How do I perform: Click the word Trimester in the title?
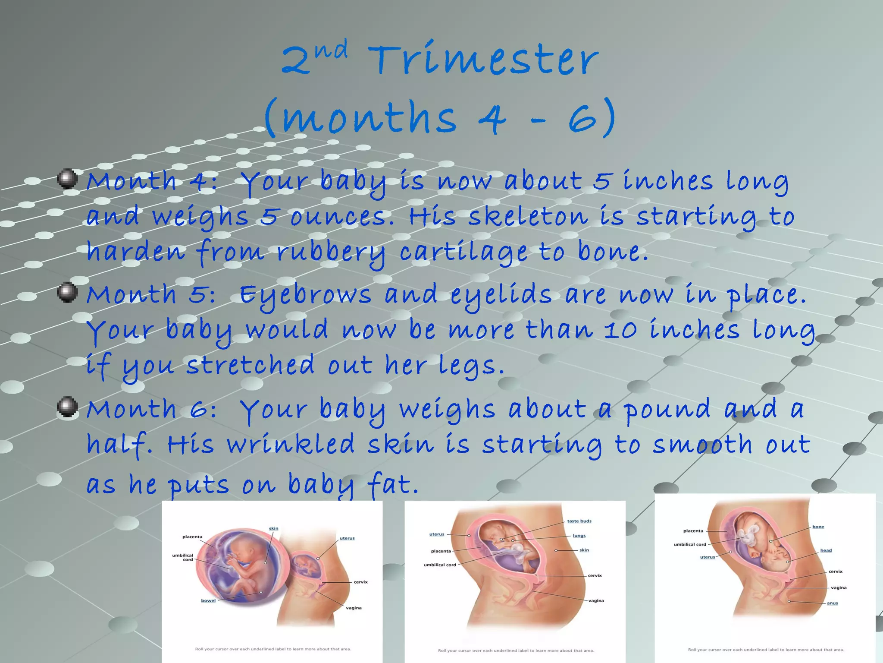(483, 60)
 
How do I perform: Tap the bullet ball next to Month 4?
(68, 179)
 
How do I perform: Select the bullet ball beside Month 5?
(68, 292)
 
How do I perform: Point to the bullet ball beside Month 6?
(68, 407)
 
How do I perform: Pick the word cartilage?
(463, 253)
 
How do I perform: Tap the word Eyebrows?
(305, 296)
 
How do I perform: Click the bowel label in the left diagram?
(208, 600)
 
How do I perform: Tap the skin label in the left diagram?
(273, 528)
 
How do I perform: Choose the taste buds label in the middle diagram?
(579, 521)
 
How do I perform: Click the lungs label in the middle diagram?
(579, 536)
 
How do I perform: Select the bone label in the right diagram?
(818, 527)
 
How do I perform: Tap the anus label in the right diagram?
(832, 603)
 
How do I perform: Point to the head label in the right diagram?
(826, 550)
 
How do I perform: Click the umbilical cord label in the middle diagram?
(440, 565)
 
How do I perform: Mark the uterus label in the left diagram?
(347, 538)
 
